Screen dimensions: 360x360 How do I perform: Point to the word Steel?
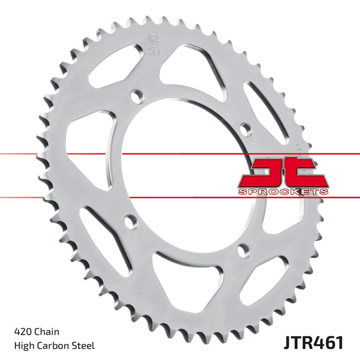85,346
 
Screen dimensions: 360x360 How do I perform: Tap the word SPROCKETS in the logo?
283,191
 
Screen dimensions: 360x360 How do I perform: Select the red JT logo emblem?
283,172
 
